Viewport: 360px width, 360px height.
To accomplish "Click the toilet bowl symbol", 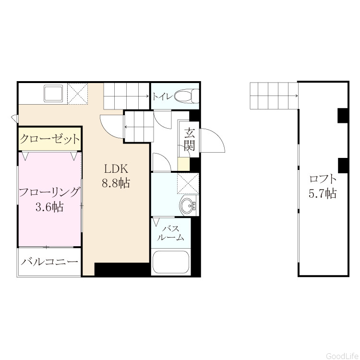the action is [x=187, y=96].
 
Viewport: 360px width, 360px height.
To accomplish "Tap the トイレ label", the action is [x=162, y=96].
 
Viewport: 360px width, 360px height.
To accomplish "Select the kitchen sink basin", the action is [x=53, y=94].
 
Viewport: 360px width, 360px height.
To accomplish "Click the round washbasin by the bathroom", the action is [x=188, y=205].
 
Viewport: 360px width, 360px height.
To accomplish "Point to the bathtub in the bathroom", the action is [x=171, y=262].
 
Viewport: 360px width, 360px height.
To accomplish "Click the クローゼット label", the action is [x=49, y=139].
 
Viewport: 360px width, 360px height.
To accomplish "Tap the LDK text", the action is [x=116, y=169].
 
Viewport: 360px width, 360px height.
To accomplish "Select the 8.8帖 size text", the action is [x=116, y=183].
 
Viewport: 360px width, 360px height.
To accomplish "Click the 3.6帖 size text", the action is [x=49, y=207].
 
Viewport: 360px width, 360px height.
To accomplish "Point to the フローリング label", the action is [x=49, y=192].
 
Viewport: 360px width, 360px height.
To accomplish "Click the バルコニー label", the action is [x=49, y=262].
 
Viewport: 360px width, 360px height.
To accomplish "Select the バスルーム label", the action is [x=171, y=233].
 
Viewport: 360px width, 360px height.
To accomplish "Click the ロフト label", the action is [x=323, y=179].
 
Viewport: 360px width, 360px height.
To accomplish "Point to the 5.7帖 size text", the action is [x=323, y=193].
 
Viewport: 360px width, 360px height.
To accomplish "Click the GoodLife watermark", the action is [x=343, y=356].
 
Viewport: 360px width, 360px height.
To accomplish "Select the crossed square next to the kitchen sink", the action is [x=78, y=94].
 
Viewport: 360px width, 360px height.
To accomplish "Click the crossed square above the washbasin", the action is [x=188, y=184].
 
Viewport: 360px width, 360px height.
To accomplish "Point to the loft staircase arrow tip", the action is [x=298, y=96].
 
